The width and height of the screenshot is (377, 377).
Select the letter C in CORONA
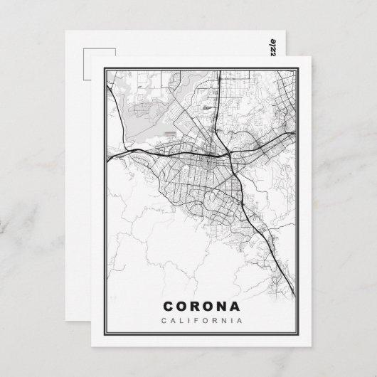click(169, 306)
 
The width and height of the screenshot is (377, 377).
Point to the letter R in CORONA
click(193, 306)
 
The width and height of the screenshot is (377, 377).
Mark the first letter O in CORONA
click(181, 306)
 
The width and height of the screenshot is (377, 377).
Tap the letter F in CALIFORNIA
click(195, 321)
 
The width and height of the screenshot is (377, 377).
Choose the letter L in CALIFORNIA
click(183, 321)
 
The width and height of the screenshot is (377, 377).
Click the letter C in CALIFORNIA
click(166, 321)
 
